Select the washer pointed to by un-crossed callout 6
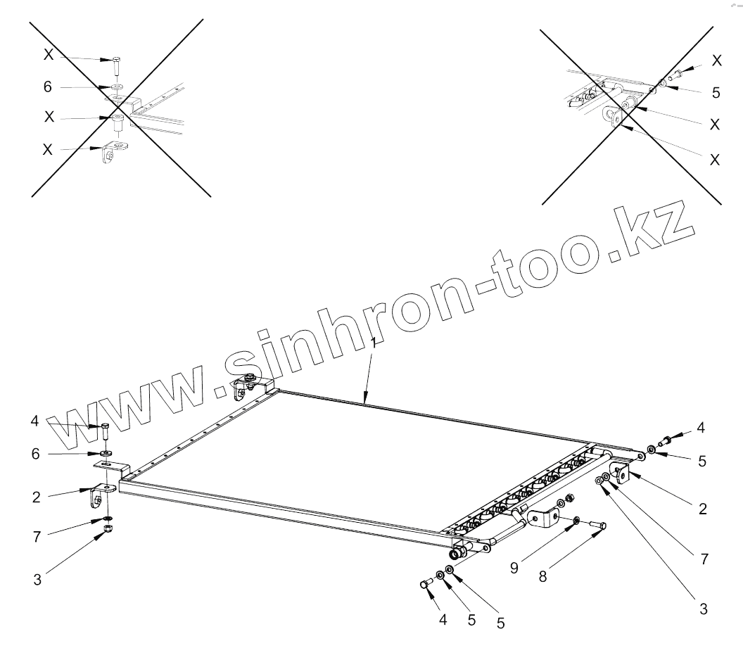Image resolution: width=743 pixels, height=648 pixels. (x=105, y=453)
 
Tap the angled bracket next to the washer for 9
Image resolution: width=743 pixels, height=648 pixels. (x=542, y=521)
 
